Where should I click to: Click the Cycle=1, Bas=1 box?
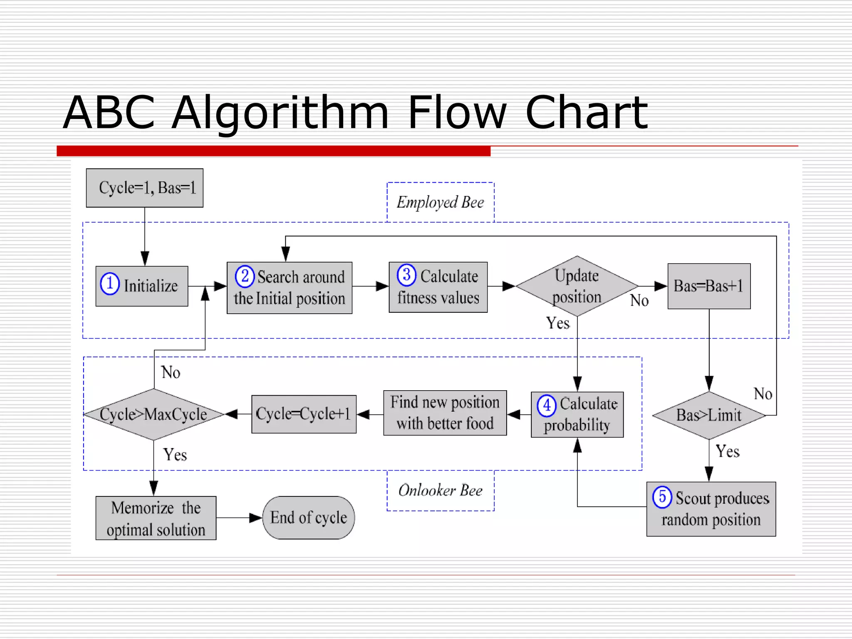pos(144,188)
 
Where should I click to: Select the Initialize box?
pos(141,286)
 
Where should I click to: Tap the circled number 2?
pos(245,276)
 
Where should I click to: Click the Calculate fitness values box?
pos(438,287)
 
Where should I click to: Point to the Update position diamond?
pos(577,286)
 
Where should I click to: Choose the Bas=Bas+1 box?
pos(709,286)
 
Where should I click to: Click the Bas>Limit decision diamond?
pos(709,415)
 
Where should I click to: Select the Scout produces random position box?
pos(711,509)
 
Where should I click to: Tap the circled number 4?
pos(547,405)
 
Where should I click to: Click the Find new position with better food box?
pos(445,413)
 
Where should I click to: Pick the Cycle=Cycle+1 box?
pos(304,414)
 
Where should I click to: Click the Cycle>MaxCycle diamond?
pos(154,414)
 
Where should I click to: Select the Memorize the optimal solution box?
pos(156,518)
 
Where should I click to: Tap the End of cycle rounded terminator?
pos(308,518)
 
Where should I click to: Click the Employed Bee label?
pos(440,203)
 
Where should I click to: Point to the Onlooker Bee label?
pos(440,490)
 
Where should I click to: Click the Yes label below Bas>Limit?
pos(727,451)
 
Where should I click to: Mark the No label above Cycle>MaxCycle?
pos(171,372)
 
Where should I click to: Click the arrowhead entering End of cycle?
pos(255,518)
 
